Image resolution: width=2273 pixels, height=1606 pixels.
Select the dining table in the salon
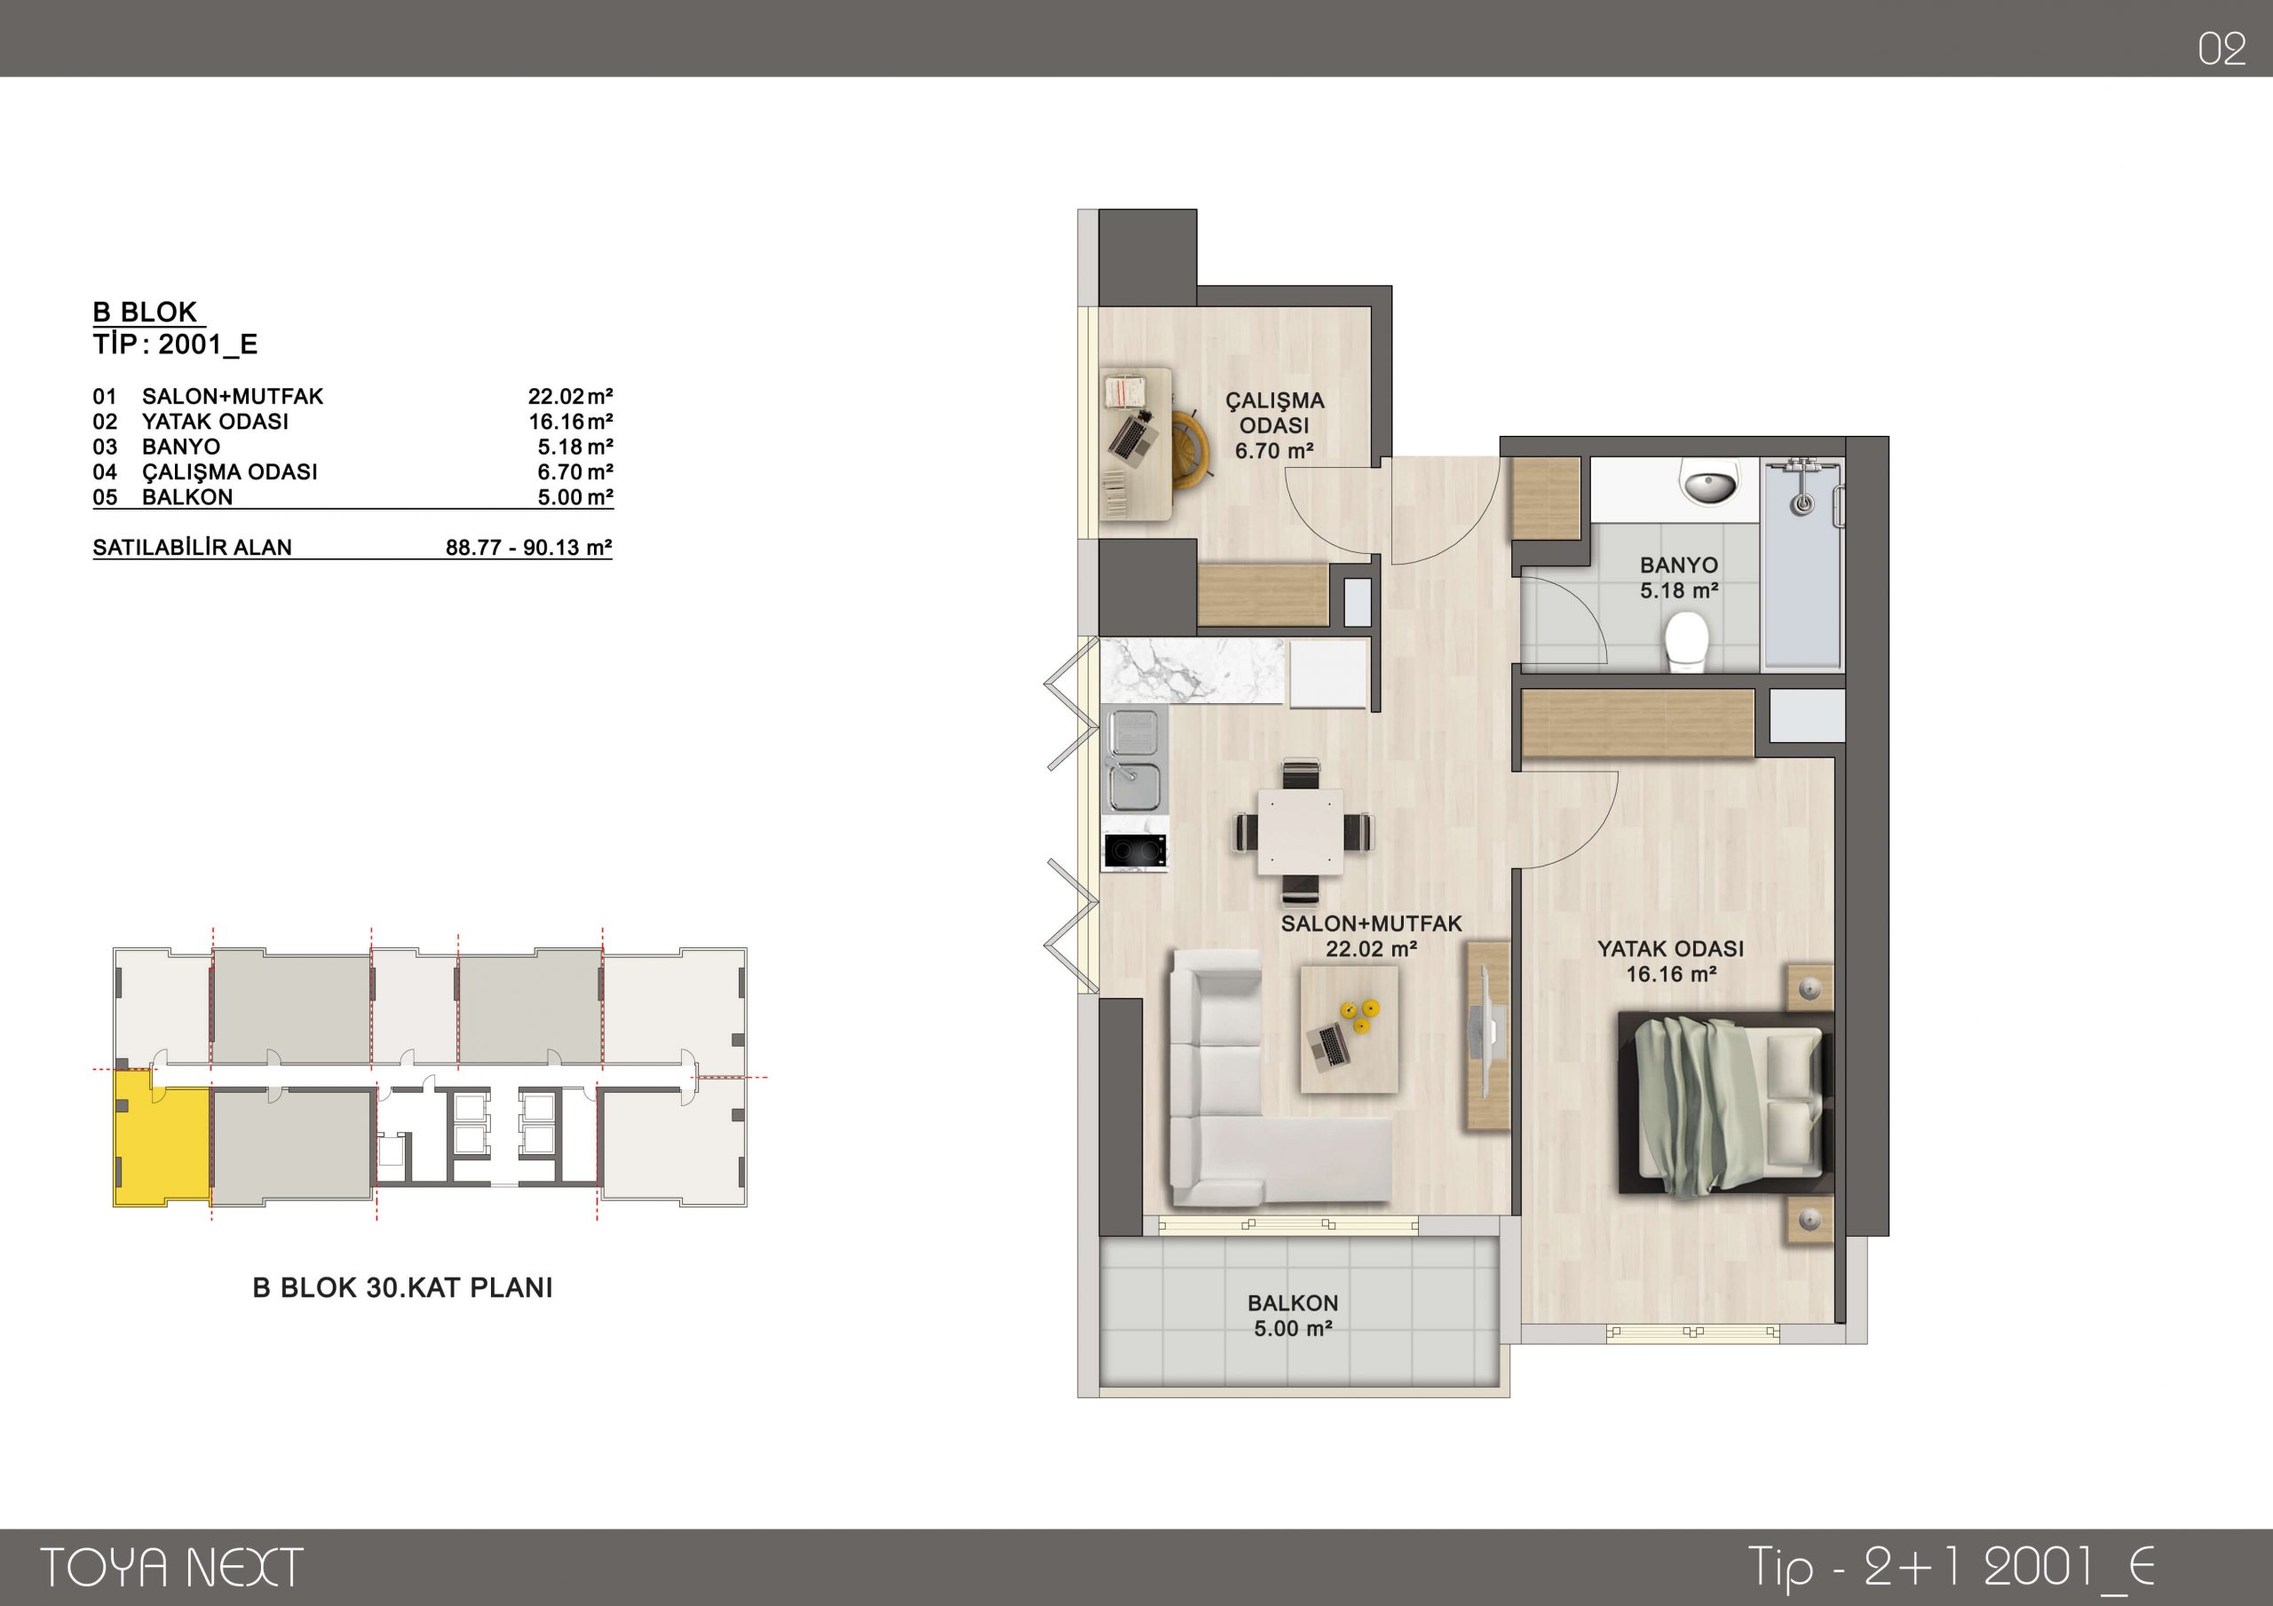click(x=1300, y=832)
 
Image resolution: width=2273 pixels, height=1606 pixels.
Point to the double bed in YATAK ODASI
click(x=1725, y=1102)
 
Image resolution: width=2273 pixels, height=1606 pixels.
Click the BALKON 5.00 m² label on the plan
click(x=1293, y=1316)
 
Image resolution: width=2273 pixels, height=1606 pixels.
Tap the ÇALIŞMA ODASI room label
click(x=1274, y=413)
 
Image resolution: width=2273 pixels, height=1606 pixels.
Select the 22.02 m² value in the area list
click(x=570, y=397)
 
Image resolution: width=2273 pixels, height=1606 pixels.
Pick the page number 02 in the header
click(x=2222, y=50)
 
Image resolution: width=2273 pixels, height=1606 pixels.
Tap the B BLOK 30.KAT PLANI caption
click(x=403, y=1287)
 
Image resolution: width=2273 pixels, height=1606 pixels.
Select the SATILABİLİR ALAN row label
click(x=192, y=548)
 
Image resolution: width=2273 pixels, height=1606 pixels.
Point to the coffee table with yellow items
click(x=1349, y=1029)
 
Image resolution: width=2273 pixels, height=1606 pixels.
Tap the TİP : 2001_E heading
click(x=175, y=344)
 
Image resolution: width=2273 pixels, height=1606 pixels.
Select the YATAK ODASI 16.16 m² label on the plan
click(x=1670, y=961)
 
